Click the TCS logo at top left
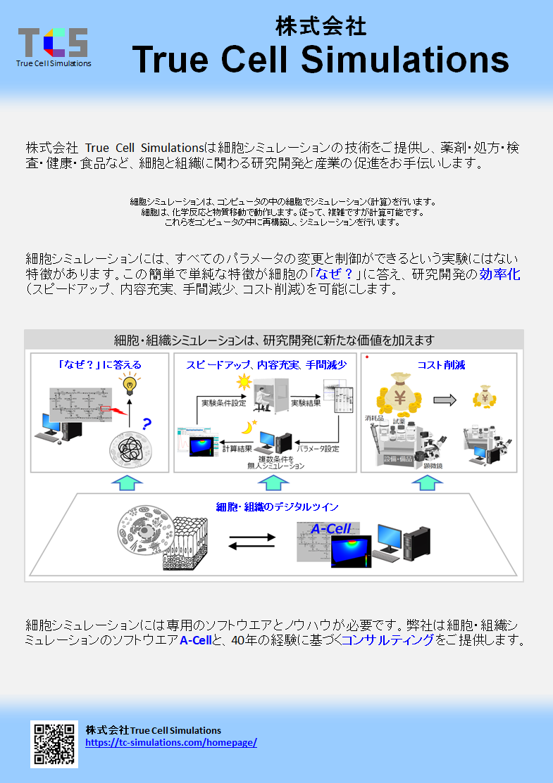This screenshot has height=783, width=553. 53,45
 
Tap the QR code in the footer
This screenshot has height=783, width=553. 54,743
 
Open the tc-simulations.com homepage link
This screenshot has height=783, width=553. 171,742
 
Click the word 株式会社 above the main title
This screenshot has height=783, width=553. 321,27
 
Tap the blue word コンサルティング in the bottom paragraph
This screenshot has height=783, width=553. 387,641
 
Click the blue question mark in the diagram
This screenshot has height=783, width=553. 147,424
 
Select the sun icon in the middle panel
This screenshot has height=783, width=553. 244,382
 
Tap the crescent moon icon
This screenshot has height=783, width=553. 249,426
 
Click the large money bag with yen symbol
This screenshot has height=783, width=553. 399,394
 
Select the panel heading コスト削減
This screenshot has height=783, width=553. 441,364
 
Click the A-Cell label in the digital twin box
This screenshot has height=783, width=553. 331,528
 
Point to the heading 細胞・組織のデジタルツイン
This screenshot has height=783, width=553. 277,507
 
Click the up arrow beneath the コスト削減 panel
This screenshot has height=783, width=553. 427,483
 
